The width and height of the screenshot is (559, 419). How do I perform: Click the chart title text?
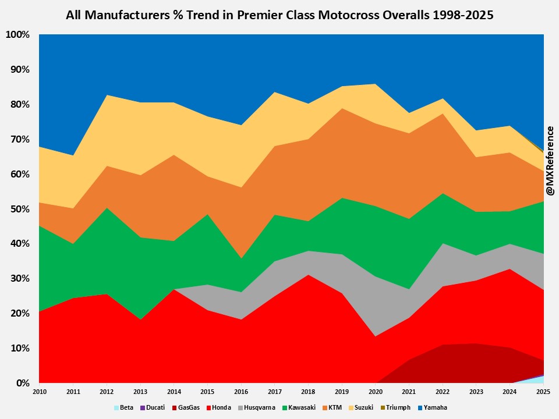[x=279, y=16]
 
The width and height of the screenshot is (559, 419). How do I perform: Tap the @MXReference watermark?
[x=549, y=161]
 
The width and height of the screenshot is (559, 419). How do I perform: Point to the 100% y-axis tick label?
[x=17, y=35]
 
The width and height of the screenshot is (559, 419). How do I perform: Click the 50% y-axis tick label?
[x=19, y=209]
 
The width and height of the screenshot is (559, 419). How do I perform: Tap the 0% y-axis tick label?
[x=22, y=383]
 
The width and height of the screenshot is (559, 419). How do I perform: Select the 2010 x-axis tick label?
[x=40, y=392]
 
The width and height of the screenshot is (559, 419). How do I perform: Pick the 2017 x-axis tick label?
[x=275, y=392]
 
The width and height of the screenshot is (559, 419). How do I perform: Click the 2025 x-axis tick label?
[x=544, y=392]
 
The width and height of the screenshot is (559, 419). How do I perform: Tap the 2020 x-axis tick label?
[x=376, y=392]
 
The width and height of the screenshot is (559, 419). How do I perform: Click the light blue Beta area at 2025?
[x=542, y=380]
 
